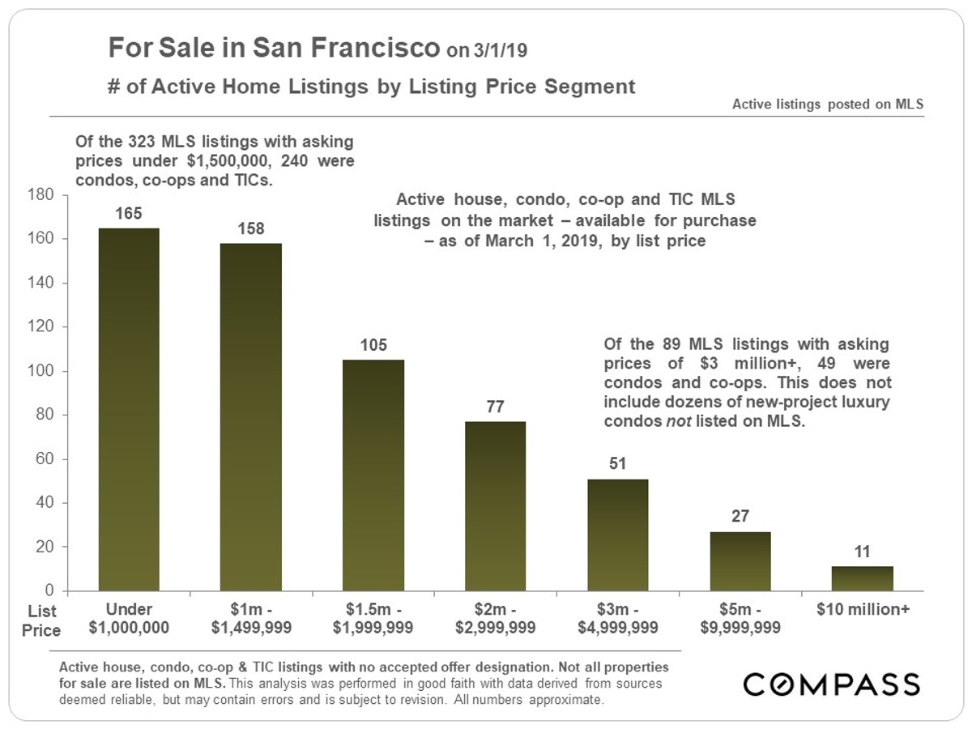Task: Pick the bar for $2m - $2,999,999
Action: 496,505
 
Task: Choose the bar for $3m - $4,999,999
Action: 618,535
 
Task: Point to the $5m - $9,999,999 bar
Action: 740,561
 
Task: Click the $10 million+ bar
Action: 863,578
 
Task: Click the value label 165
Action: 129,214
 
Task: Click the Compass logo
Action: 832,684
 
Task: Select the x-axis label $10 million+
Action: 863,610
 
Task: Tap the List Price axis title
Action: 40,620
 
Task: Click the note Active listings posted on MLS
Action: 828,104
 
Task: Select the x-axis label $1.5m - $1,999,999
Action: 373,619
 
